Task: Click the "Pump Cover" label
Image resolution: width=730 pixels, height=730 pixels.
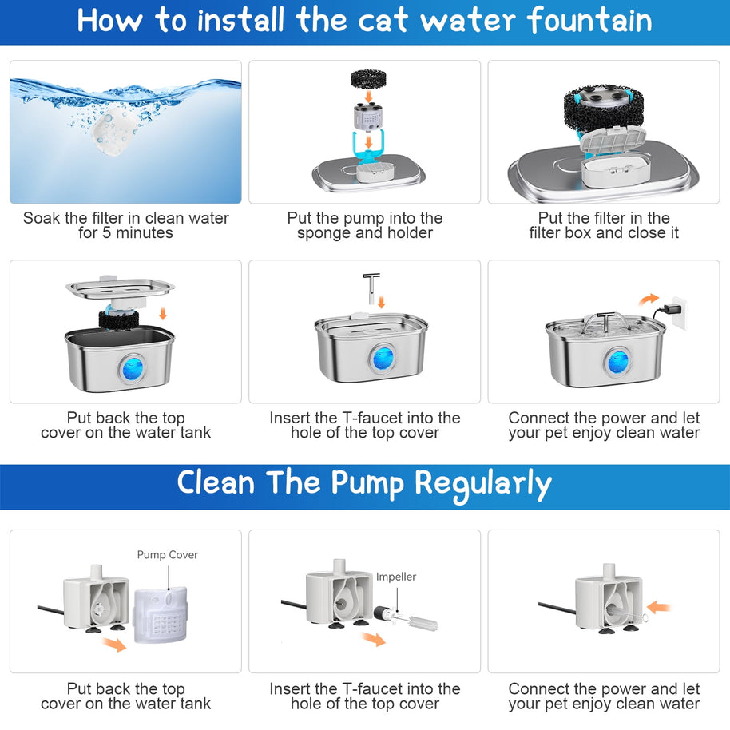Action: click(x=167, y=555)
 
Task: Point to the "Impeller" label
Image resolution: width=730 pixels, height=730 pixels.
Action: click(x=396, y=577)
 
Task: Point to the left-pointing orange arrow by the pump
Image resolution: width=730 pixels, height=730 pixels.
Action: click(x=658, y=608)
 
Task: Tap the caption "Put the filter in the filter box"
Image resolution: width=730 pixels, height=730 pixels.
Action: click(x=604, y=225)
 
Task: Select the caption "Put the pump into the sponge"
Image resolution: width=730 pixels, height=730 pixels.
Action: click(x=364, y=225)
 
